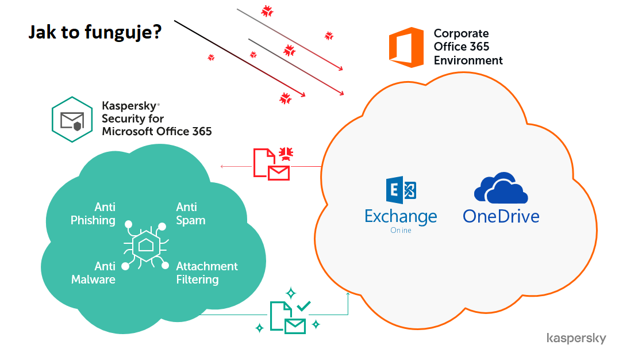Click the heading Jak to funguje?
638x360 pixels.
pyautogui.click(x=95, y=33)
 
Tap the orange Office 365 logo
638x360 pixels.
pyautogui.click(x=406, y=47)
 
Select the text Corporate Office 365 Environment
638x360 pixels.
pyautogui.click(x=468, y=47)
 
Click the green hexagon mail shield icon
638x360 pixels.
pyautogui.click(x=72, y=119)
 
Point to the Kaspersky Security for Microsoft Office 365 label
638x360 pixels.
pyautogui.click(x=156, y=119)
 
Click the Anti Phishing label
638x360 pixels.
pyautogui.click(x=93, y=213)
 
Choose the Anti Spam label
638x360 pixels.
pyautogui.click(x=190, y=213)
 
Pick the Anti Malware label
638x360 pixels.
pyautogui.click(x=93, y=273)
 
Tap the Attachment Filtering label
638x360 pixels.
pyautogui.click(x=206, y=273)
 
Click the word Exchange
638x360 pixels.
pyautogui.click(x=401, y=216)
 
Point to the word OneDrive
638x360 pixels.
pyautogui.click(x=501, y=216)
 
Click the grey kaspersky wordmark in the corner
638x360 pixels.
pyautogui.click(x=576, y=338)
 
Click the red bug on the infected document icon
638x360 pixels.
pyautogui.click(x=286, y=153)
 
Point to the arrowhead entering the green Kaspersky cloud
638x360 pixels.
pyautogui.click(x=223, y=167)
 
